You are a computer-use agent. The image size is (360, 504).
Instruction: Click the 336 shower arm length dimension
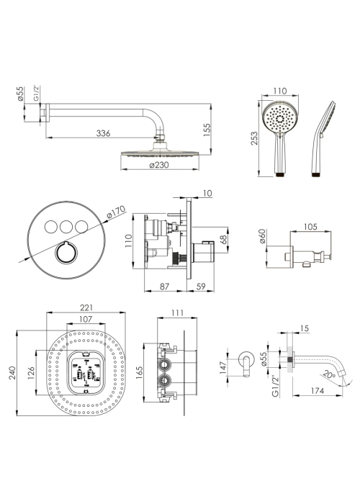click(x=103, y=133)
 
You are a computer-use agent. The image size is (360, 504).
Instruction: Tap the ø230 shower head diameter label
click(x=159, y=165)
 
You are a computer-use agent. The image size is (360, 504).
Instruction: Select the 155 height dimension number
click(x=207, y=130)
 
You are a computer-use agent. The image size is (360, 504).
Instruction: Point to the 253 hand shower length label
click(x=254, y=138)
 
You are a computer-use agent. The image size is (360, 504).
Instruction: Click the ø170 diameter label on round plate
click(x=116, y=213)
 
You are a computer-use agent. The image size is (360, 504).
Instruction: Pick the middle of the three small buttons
click(x=66, y=227)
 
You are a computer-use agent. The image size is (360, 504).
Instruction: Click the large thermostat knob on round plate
click(x=66, y=252)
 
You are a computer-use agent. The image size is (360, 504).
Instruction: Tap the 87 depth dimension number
click(x=164, y=287)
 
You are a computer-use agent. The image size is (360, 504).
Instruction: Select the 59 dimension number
click(x=201, y=287)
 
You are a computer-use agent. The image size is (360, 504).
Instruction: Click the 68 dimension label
click(x=224, y=239)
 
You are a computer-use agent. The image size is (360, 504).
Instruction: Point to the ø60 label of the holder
click(x=262, y=236)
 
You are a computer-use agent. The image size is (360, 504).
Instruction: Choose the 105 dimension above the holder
click(x=310, y=227)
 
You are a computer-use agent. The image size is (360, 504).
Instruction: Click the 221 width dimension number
click(x=86, y=307)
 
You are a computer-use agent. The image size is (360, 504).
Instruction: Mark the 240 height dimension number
click(x=12, y=373)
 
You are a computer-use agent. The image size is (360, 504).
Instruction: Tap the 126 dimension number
click(x=31, y=373)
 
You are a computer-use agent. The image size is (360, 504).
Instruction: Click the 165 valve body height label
click(x=139, y=373)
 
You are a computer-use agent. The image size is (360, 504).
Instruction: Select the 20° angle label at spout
click(x=330, y=374)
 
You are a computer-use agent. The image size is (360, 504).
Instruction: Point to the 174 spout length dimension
click(x=318, y=391)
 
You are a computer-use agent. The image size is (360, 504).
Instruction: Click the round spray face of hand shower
click(x=280, y=118)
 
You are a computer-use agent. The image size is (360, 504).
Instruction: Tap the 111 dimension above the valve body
click(x=177, y=312)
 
